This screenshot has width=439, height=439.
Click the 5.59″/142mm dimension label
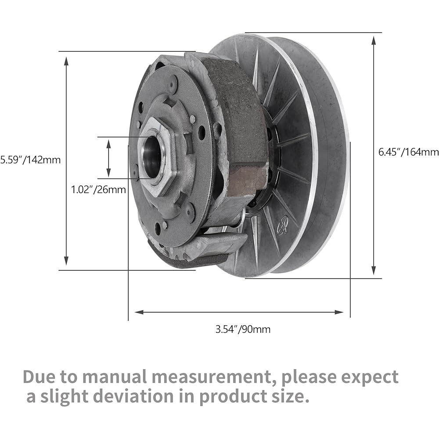pos(30,160)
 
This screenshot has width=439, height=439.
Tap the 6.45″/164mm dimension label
pos(408,152)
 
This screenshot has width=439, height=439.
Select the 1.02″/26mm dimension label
pos(98,190)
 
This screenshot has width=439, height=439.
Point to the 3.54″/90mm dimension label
pos(243,329)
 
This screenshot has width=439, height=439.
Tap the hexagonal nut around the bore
pos(157,157)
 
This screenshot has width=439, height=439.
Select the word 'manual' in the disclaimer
pos(115,377)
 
